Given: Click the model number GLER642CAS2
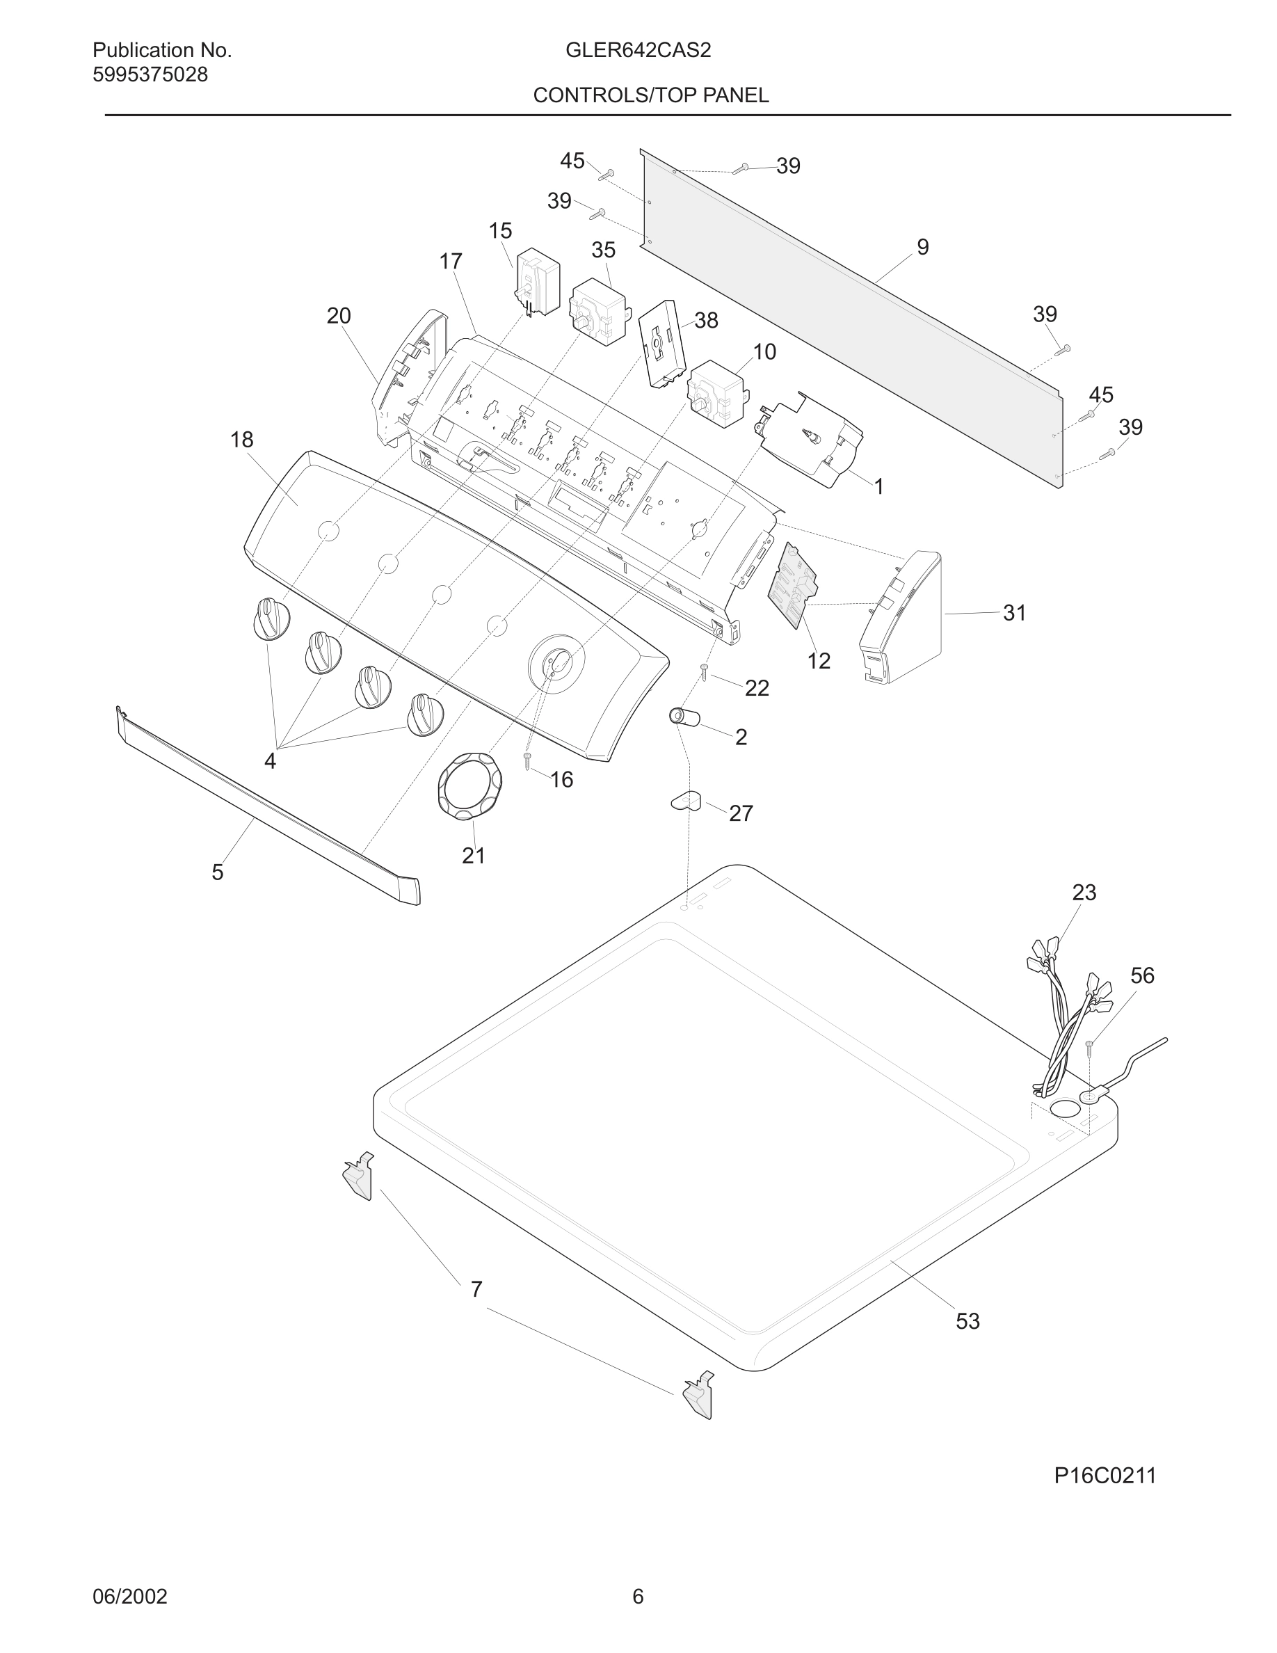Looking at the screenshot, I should (x=638, y=51).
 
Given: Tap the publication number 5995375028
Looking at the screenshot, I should (x=150, y=75).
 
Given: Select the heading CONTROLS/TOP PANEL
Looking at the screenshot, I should (x=650, y=95).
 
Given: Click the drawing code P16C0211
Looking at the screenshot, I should (x=1105, y=1476).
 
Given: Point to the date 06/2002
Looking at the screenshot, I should (x=129, y=1597).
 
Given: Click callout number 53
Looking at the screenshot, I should (x=967, y=1320).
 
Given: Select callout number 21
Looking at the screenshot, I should (x=474, y=855).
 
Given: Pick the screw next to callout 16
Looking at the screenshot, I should (x=528, y=760).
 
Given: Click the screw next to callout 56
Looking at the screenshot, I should (x=1090, y=1048).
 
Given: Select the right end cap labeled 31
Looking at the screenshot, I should (x=902, y=617).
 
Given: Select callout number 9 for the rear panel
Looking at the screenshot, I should (x=922, y=247).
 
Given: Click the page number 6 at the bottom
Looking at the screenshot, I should (x=638, y=1597).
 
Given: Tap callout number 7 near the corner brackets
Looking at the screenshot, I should (x=476, y=1289).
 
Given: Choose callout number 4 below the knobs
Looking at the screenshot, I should (x=270, y=760).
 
